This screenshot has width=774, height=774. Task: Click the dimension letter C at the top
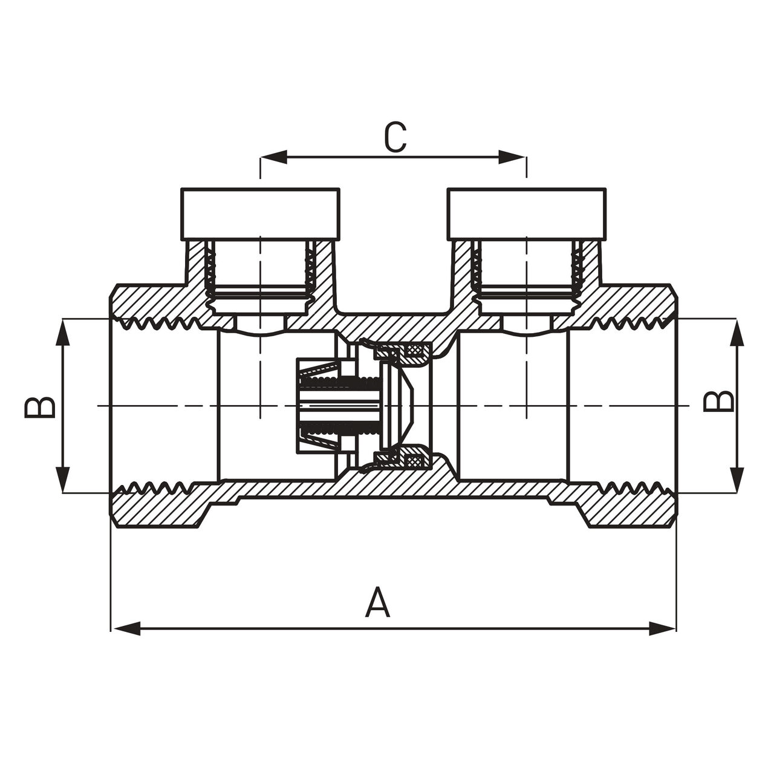pos(395,137)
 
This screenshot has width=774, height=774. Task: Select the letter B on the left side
pos(39,408)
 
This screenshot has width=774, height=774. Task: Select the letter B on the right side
pos(718,402)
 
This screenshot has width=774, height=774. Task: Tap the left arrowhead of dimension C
pos(274,157)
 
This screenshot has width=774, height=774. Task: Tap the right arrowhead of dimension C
pos(512,157)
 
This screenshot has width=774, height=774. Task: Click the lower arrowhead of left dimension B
pos(63,480)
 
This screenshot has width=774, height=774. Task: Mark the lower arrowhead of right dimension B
pos(737,480)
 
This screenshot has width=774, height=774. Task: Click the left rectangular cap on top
pos(260,213)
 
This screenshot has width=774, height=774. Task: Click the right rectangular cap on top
pos(527,213)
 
